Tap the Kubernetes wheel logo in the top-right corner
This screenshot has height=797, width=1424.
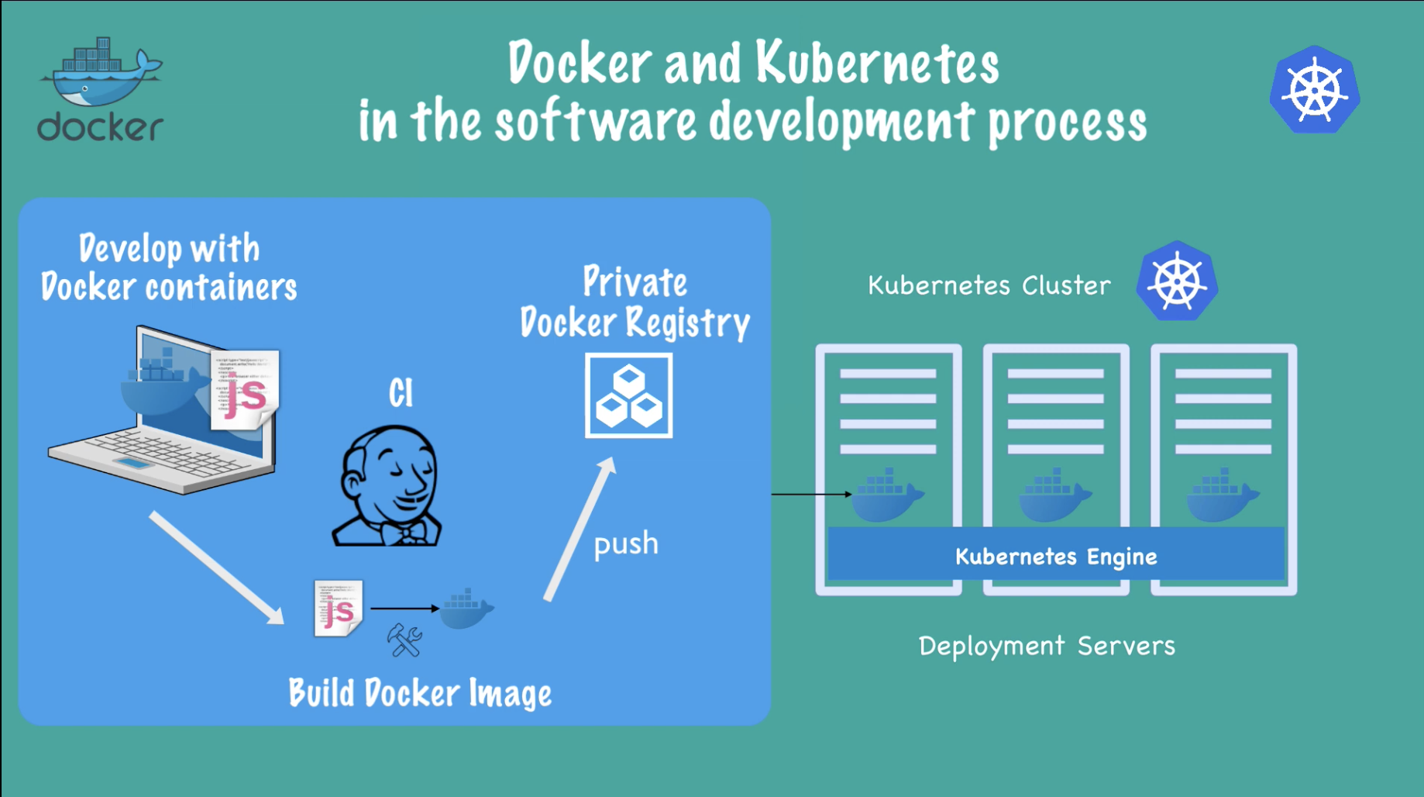coord(1315,91)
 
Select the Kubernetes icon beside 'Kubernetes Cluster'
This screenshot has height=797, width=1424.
coord(1177,281)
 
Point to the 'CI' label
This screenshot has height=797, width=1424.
coord(401,393)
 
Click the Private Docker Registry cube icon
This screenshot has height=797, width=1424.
coord(628,396)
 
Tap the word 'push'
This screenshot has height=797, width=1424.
coord(625,543)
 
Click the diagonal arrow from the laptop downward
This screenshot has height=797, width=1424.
coord(216,568)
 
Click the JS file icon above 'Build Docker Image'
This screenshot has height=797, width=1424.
coord(339,608)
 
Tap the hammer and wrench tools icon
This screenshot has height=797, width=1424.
coord(404,640)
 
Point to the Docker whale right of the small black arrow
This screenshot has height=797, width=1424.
coord(466,609)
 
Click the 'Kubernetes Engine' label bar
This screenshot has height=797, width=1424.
coord(1055,556)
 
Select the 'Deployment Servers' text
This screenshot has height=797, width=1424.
coord(1047,646)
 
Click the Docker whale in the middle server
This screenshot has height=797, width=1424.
coord(1054,495)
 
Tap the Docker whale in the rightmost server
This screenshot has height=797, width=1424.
coord(1222,495)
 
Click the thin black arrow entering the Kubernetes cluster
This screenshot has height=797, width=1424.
coord(810,494)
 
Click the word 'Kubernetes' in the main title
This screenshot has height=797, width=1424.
coord(877,64)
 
